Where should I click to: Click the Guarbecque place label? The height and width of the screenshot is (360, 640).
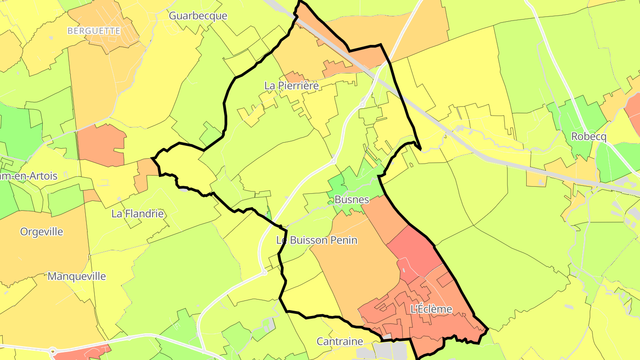click(198, 16)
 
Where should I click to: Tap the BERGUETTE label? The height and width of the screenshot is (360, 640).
click(94, 31)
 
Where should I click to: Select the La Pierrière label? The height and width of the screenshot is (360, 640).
click(292, 86)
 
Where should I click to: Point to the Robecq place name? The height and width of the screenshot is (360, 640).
click(588, 137)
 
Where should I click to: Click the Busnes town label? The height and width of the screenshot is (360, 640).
click(352, 200)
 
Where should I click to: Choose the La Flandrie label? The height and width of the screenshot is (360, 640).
click(137, 214)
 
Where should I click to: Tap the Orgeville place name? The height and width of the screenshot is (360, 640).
click(42, 232)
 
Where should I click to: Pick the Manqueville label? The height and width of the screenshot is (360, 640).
click(77, 276)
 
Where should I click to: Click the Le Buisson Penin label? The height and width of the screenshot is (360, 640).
click(316, 240)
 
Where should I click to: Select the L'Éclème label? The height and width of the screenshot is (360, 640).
click(431, 309)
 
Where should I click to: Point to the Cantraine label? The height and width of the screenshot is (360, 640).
click(340, 342)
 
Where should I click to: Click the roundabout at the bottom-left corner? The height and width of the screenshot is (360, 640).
click(54, 352)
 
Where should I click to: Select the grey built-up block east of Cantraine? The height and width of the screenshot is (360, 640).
click(391, 350)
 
